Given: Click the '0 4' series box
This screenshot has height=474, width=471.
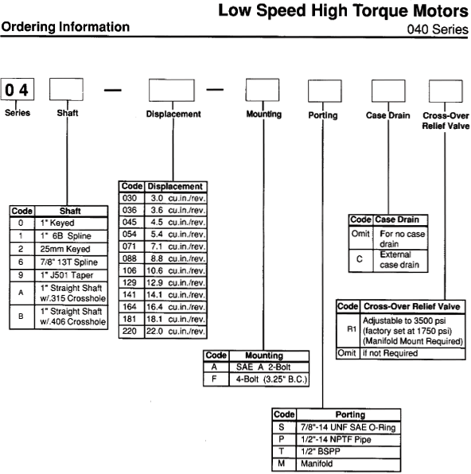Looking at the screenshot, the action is tap(18, 89).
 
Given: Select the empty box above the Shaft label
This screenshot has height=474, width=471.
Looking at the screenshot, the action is tap(66, 89).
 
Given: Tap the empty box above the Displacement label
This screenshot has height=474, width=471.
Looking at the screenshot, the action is tap(172, 90).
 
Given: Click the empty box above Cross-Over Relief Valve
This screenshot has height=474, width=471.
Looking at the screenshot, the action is tap(446, 91).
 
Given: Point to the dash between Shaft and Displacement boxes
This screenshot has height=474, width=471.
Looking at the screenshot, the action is tap(112, 90).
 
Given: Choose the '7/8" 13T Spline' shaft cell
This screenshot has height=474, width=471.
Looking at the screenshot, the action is tap(71, 262).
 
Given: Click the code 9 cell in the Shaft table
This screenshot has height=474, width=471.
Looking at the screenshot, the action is tap(21, 275).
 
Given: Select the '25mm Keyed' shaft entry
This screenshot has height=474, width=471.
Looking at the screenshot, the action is tap(71, 249).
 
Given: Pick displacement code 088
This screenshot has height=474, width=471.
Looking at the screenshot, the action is tap(130, 258).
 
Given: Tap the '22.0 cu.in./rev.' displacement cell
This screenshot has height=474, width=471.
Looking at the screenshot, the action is tap(176, 332).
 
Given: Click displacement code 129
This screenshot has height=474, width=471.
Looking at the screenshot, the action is tap(130, 282).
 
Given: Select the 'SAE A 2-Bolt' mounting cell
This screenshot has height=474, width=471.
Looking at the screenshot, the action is tap(269, 367).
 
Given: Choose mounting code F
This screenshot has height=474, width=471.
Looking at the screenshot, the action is tap(214, 379).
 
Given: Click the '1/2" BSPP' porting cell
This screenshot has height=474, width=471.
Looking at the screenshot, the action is tap(348, 452).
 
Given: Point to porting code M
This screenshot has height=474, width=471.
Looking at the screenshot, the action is tap(282, 464).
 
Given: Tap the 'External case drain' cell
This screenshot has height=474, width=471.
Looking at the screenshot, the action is tap(400, 260).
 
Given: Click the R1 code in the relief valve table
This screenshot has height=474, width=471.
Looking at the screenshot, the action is tap(351, 329).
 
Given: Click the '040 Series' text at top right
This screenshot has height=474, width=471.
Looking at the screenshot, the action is tap(438, 29).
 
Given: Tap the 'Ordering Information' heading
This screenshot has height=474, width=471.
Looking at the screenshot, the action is tap(65, 27).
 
